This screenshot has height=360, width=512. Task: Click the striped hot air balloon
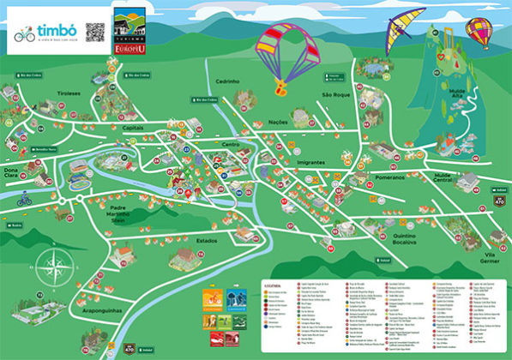pyautogui.click(x=477, y=33)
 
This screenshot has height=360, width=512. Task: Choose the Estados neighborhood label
pyautogui.click(x=207, y=241)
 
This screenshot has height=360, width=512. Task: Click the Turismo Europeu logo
pyautogui.click(x=129, y=33)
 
